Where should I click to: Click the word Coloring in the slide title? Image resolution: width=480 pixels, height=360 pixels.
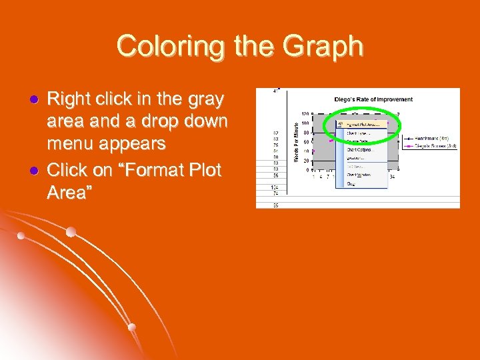(159, 47)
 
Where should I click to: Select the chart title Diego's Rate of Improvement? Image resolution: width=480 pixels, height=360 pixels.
(373, 99)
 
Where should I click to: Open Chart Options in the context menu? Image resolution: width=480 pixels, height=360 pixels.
(360, 149)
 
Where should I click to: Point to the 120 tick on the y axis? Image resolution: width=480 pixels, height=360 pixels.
(305, 113)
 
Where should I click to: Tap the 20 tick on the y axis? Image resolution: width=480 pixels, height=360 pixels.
(307, 161)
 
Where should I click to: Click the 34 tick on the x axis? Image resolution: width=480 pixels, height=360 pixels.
(392, 177)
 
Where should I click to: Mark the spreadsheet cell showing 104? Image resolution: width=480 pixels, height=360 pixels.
(275, 187)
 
